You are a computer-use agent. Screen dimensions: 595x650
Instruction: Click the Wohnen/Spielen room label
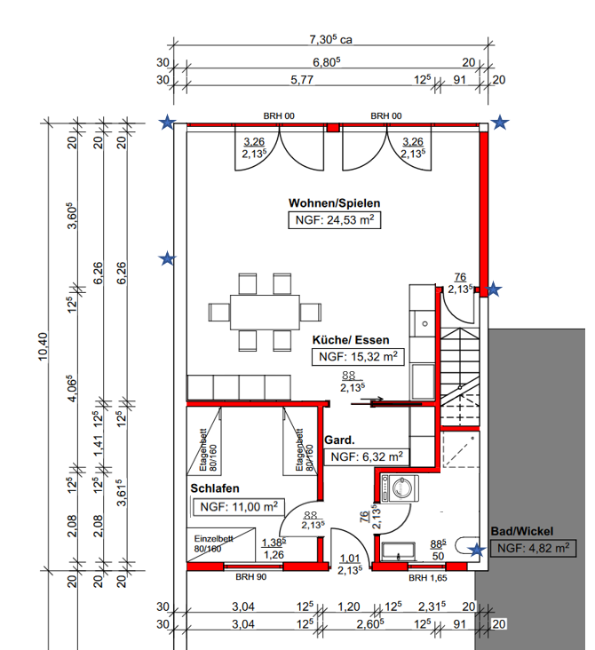334,203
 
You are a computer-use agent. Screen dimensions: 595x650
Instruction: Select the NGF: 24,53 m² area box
334,220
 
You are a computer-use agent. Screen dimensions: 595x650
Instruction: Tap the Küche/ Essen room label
351,340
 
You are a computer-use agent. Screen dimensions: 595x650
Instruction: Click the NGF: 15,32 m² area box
358,357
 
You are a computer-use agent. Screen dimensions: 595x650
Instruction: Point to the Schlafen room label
215,488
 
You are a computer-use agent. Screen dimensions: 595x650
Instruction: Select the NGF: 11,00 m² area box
239,507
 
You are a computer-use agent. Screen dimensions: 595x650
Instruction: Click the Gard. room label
339,440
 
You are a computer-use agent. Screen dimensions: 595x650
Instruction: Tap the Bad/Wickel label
522,531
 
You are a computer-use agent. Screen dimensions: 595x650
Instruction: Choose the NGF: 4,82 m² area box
533,549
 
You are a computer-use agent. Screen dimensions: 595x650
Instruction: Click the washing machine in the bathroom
400,488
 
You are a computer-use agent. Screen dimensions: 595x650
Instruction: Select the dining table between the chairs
265,313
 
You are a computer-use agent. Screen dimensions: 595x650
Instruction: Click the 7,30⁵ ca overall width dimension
330,39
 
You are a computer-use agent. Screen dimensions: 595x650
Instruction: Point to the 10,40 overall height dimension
44,346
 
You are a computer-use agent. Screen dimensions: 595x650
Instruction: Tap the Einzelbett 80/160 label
213,543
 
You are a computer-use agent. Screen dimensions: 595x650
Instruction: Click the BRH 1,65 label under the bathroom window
427,578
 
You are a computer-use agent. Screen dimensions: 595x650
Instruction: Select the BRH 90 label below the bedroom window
250,577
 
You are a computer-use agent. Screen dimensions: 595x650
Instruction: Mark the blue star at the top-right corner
500,123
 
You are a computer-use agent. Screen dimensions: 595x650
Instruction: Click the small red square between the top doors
332,127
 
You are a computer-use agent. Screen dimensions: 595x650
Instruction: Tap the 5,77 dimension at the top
302,80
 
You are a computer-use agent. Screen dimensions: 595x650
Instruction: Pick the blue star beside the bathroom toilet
477,550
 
